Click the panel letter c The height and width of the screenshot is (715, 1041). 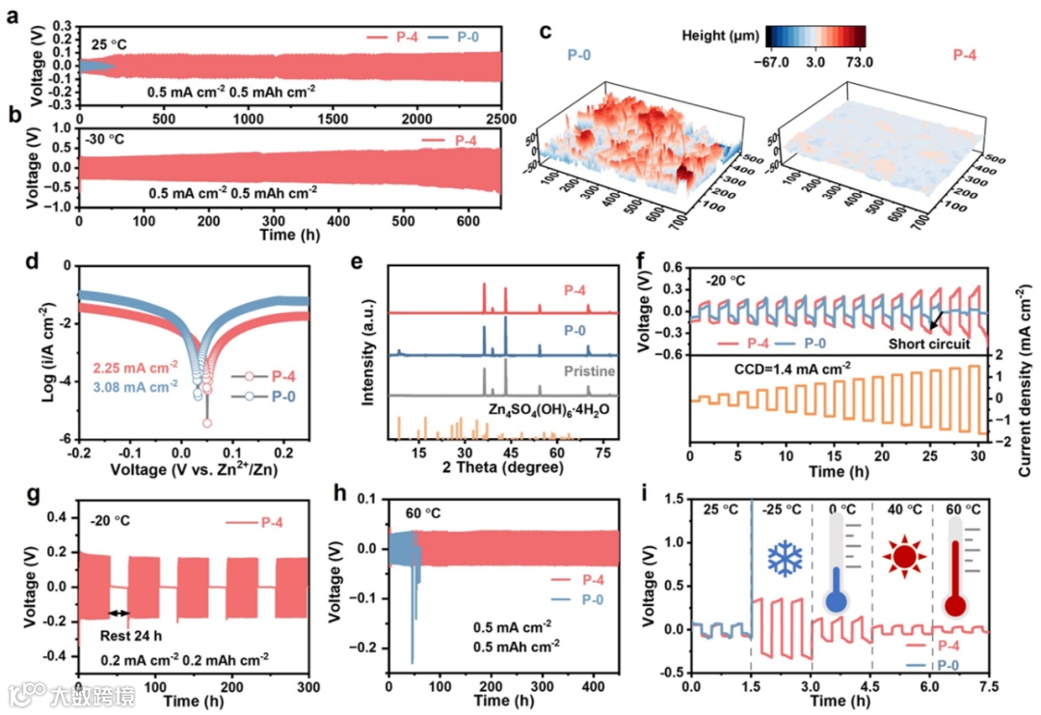point(546,31)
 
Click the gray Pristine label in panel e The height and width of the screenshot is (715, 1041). point(592,371)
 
